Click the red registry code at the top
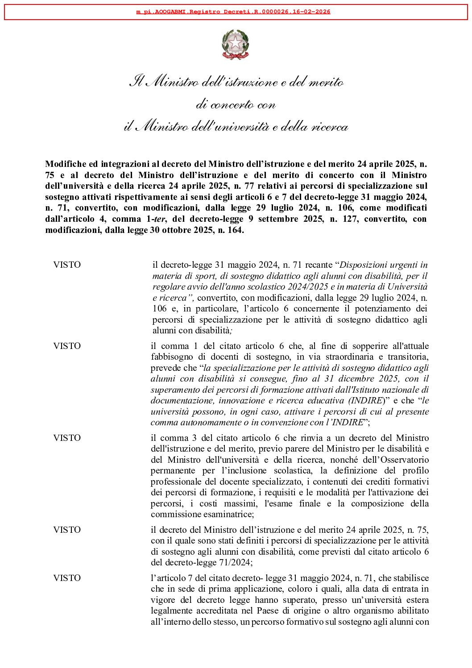tap(233, 12)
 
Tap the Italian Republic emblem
tap(235, 45)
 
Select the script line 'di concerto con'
tap(236, 105)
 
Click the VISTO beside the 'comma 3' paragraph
tap(67, 438)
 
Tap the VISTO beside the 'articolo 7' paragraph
tap(67, 578)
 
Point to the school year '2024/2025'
tap(307, 286)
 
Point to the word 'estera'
tap(416, 600)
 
